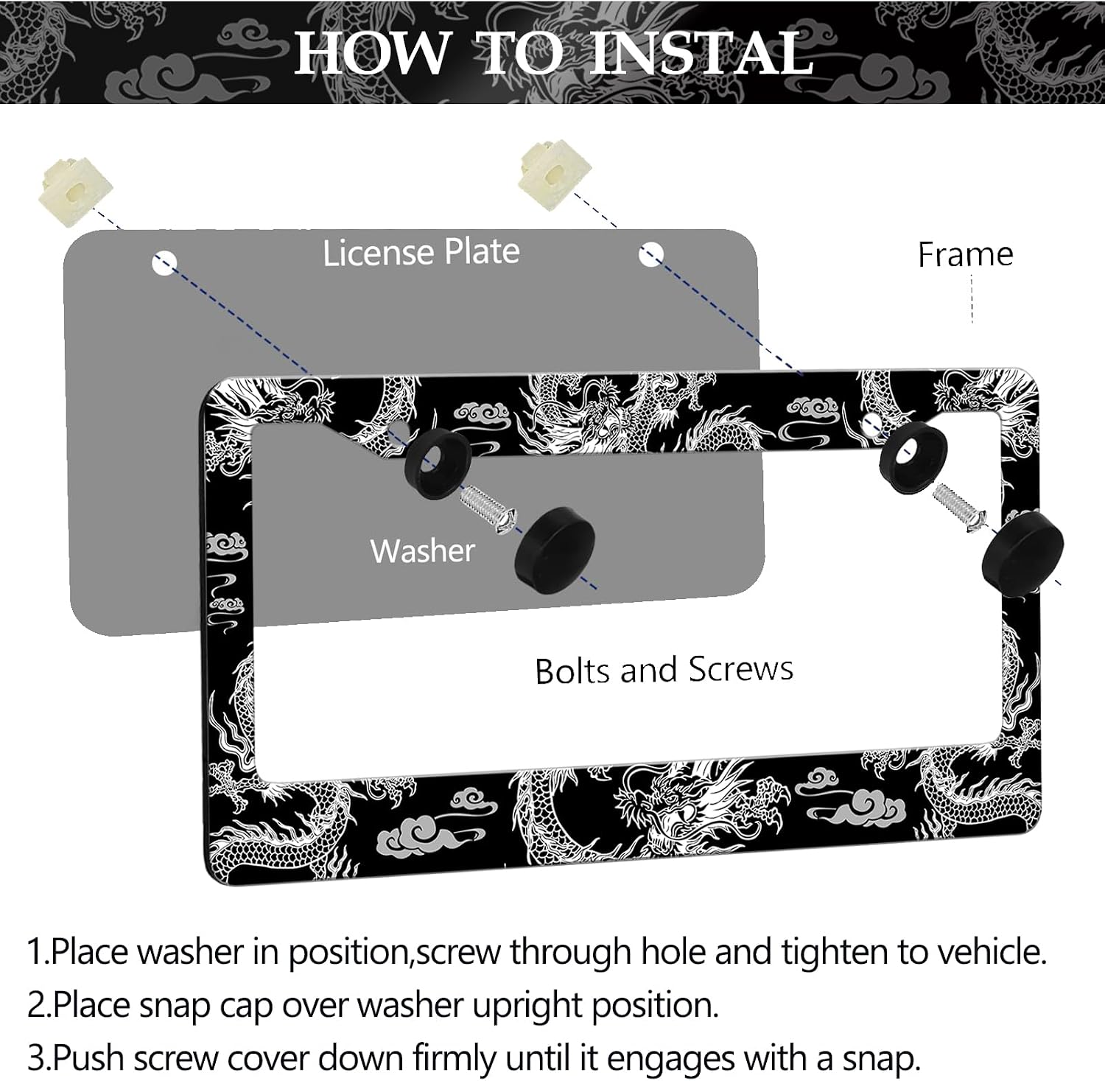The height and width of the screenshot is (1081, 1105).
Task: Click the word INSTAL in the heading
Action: click(x=701, y=52)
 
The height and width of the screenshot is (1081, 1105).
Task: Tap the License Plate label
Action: click(x=421, y=252)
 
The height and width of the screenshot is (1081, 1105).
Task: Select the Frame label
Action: click(x=965, y=255)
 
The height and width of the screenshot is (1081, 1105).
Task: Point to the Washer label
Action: click(x=423, y=550)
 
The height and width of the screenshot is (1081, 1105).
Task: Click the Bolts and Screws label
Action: click(x=664, y=670)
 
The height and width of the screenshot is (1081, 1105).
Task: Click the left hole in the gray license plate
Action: click(x=164, y=262)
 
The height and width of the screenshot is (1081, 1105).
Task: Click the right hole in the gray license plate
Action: click(x=651, y=255)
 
